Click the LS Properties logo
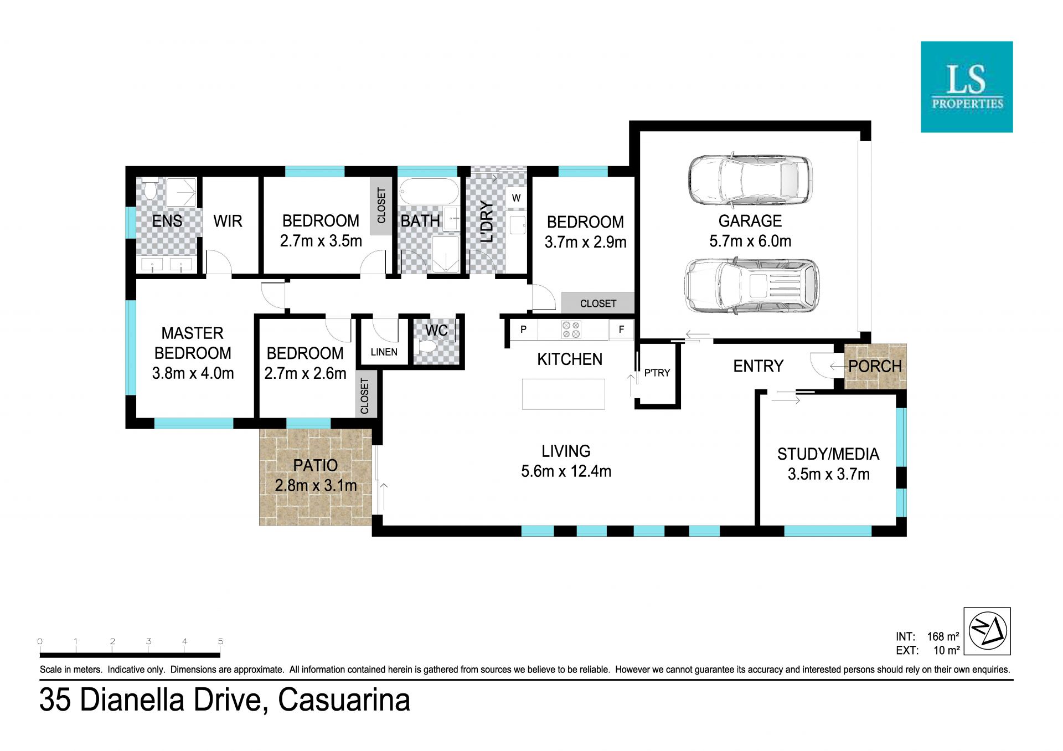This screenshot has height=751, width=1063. coord(967,87)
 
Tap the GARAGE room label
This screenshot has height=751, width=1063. coord(750,221)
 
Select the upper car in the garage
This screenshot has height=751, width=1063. coord(750,179)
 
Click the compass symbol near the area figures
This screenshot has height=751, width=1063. coord(987,631)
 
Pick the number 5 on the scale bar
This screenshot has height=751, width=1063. coord(220,641)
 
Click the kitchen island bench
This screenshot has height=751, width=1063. coord(564,394)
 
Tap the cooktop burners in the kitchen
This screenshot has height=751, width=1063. coord(571,330)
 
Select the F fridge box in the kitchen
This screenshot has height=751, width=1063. coord(621,330)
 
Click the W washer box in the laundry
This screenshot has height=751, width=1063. coord(516,198)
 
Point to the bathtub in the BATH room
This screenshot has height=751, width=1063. coord(429,193)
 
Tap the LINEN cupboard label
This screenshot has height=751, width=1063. coord(384,352)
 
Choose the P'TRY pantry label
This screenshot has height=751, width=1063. coord(657,373)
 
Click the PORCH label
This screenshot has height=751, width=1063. coord(875,366)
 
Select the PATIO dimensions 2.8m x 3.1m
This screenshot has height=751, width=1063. coord(316,486)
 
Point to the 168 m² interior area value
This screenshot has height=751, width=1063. coord(943,636)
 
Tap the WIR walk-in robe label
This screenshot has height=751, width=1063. coord(228,221)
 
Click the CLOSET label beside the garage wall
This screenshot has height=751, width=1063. coord(598,304)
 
